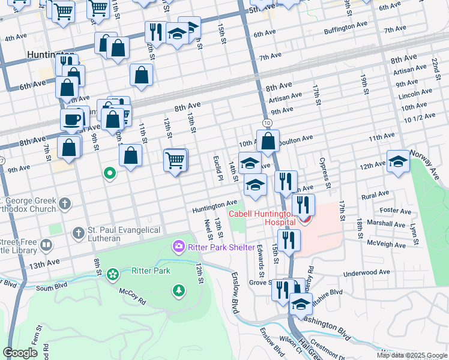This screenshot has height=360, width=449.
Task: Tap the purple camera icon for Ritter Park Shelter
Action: (x=178, y=247)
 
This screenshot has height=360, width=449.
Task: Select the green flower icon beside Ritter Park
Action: (x=112, y=274)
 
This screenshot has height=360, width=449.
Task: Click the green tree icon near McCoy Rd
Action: (x=178, y=291)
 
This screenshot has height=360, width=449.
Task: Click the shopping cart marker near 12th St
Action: (x=175, y=160)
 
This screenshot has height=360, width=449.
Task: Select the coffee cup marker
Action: (x=72, y=119)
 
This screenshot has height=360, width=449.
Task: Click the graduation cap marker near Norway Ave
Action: (x=398, y=161)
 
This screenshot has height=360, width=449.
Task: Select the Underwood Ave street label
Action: (x=367, y=273)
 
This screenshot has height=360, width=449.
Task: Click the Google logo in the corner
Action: (x=20, y=353)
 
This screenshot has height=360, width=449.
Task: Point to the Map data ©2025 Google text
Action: (x=411, y=355)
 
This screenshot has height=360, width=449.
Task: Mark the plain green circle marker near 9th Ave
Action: (x=110, y=174)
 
